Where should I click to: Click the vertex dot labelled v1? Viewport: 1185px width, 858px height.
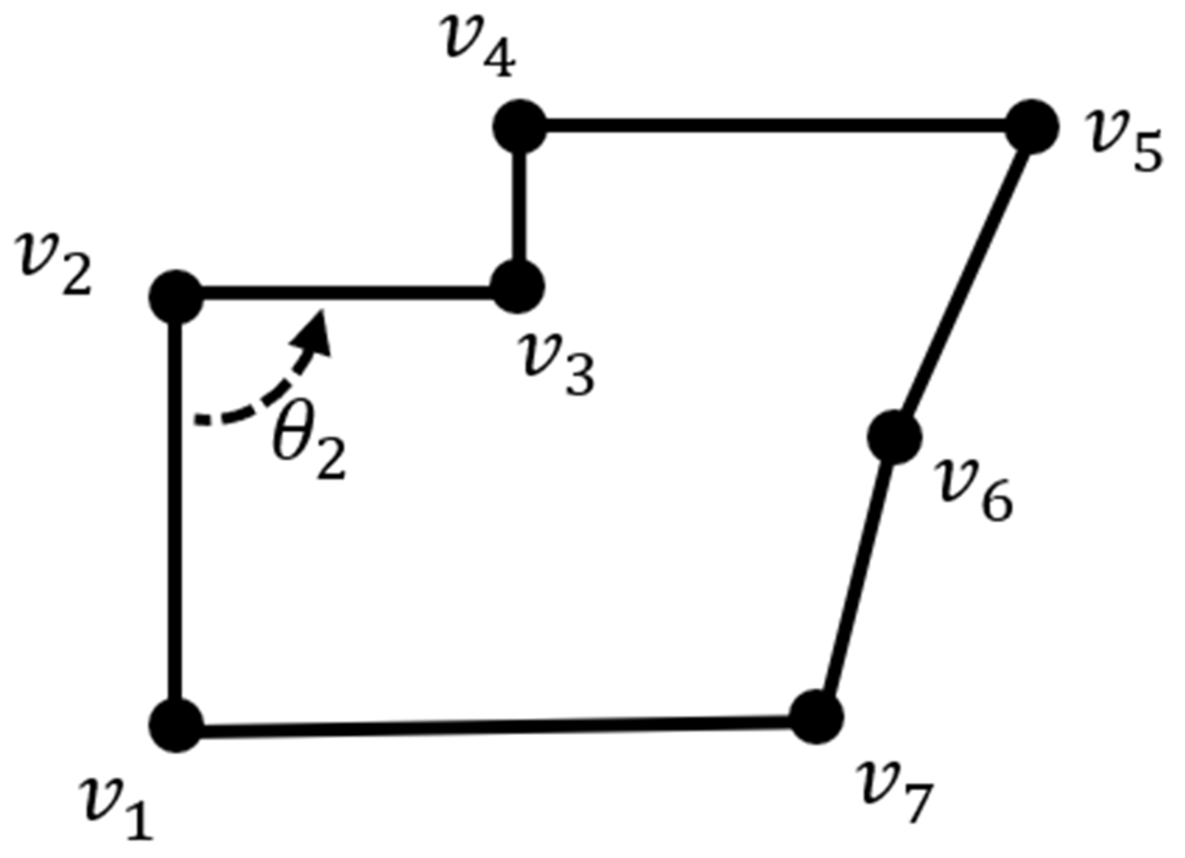pos(177,725)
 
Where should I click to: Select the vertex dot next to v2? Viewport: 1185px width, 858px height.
pos(177,297)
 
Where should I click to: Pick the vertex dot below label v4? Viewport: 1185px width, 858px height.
pos(520,127)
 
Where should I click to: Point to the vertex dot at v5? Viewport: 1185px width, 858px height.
pos(1032,127)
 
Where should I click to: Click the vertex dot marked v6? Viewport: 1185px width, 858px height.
pos(894,437)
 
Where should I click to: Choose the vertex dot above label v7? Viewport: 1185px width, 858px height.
pos(817,717)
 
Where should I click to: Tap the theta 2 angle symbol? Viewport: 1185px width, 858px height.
pos(308,449)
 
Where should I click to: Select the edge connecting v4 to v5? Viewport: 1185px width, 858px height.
pos(773,126)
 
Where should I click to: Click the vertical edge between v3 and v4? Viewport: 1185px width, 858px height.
pos(519,208)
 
